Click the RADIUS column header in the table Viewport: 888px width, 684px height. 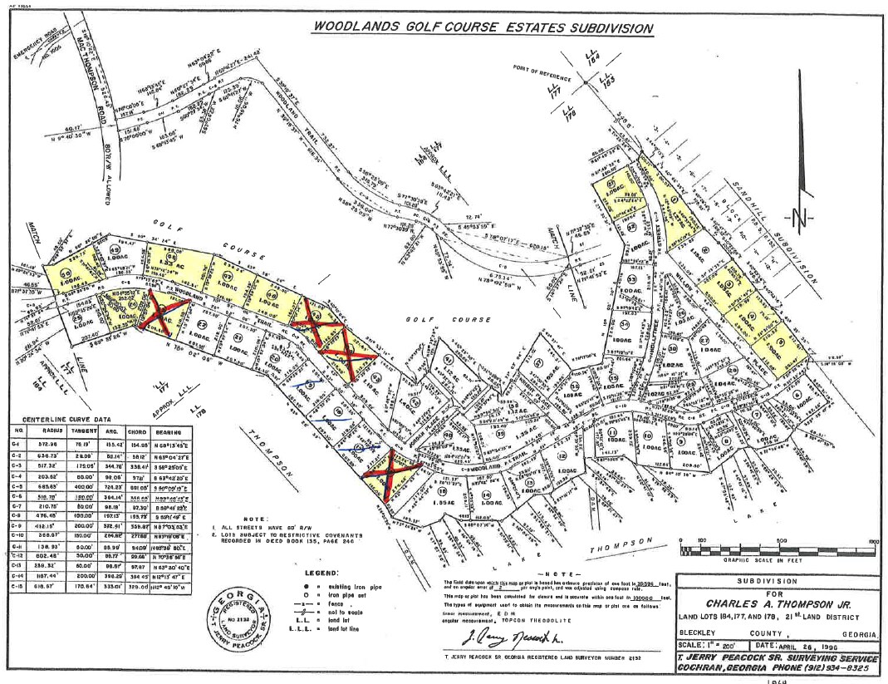(54, 431)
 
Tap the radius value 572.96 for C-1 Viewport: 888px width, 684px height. (54, 444)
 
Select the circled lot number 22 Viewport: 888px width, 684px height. (203, 323)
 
